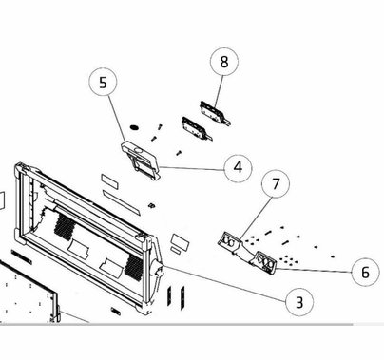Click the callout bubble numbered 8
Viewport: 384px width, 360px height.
(224, 62)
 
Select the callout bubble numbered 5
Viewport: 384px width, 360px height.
(103, 82)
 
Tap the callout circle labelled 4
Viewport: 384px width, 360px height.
(238, 167)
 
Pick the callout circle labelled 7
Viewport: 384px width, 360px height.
(276, 184)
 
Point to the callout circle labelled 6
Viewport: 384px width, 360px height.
(365, 272)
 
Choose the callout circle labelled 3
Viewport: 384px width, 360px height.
(299, 302)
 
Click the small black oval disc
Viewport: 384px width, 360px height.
(134, 127)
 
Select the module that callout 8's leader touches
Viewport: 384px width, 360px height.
(215, 112)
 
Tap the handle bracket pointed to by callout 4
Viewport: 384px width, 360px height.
(141, 161)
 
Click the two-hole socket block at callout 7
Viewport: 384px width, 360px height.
(230, 241)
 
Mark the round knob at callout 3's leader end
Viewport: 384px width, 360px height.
(158, 268)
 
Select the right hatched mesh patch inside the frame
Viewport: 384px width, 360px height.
(133, 266)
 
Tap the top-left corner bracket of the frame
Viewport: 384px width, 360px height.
(21, 170)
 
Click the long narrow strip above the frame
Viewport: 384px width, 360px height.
(121, 203)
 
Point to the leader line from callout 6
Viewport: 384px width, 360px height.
(314, 271)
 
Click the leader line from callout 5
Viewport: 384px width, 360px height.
(117, 120)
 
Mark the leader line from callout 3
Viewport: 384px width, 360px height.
(225, 283)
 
